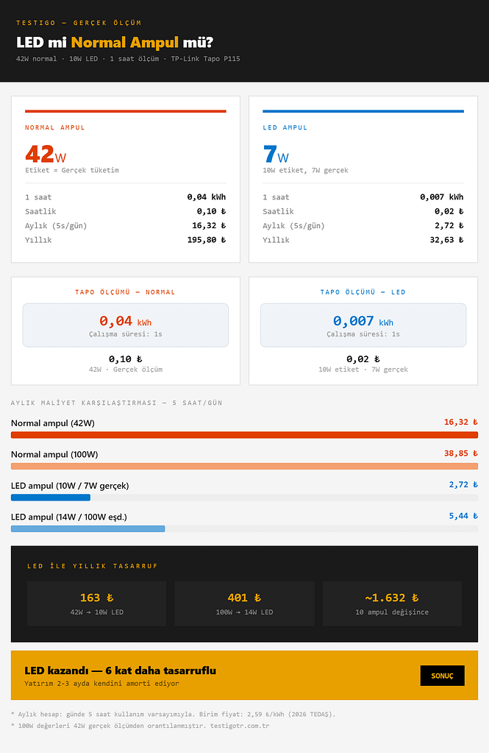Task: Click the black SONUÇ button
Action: (x=442, y=676)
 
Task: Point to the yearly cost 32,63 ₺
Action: (x=446, y=240)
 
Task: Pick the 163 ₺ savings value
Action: (x=96, y=598)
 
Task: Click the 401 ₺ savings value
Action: (x=244, y=598)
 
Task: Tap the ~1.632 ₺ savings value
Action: (x=392, y=598)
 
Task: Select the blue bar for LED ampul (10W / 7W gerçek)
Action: (x=51, y=498)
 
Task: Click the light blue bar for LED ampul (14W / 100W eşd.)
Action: (x=88, y=528)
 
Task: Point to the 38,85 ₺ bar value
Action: (x=460, y=453)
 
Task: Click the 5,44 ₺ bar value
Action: (x=463, y=516)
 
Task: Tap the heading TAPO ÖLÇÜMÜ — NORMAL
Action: (x=125, y=292)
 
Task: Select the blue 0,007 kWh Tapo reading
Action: (x=363, y=321)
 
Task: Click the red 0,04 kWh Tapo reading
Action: (x=125, y=321)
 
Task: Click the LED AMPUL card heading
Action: (x=285, y=127)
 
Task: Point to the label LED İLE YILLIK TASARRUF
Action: (x=92, y=566)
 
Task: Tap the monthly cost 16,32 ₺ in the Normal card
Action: (x=209, y=226)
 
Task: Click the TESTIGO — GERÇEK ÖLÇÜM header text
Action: (x=79, y=23)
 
